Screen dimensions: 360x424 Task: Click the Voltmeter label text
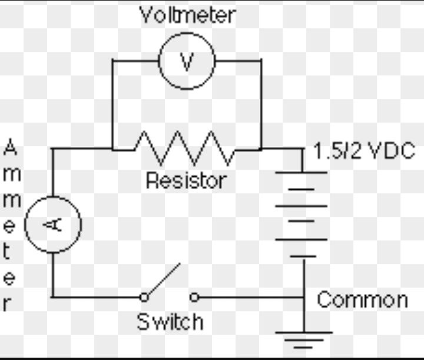187,15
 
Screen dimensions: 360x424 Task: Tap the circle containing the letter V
187,61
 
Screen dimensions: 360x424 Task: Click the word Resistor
185,180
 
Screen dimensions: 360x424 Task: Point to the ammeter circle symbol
53,224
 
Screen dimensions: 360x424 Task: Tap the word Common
362,299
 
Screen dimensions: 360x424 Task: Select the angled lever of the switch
163,280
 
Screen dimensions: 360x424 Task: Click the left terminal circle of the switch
144,297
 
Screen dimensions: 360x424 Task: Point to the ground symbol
303,340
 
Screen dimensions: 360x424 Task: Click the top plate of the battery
303,173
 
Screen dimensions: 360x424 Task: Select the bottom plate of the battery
303,256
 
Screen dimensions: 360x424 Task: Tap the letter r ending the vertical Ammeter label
8,304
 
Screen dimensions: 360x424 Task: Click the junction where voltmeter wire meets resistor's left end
112,149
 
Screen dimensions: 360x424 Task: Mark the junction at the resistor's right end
261,149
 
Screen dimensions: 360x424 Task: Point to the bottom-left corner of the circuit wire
52,296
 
